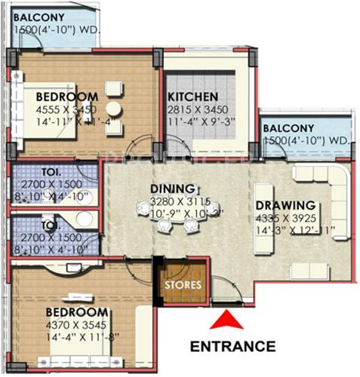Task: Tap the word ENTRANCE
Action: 232,347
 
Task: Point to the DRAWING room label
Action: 284,204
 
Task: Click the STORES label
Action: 183,285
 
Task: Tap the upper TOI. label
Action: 30,170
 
